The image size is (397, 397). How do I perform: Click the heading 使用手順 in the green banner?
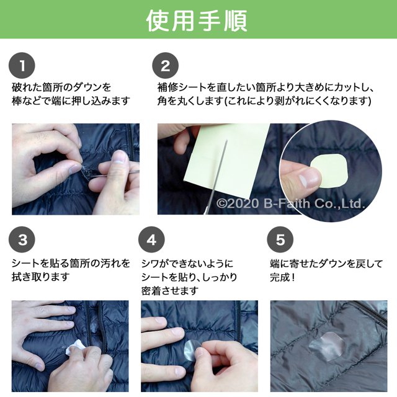(197, 20)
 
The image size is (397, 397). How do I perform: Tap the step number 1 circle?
(22, 66)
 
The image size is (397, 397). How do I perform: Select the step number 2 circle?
(166, 66)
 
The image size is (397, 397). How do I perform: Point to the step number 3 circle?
(22, 239)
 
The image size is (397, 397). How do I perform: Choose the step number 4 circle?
(151, 239)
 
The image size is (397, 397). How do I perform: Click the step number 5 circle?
(280, 239)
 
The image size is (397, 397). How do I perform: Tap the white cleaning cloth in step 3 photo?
(74, 347)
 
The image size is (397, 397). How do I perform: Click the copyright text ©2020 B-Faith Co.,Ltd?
(290, 203)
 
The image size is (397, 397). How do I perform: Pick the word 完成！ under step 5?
(282, 277)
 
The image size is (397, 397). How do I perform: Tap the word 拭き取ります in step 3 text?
(40, 277)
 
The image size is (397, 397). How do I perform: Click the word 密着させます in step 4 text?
(170, 291)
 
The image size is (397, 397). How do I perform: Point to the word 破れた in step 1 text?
(27, 87)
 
